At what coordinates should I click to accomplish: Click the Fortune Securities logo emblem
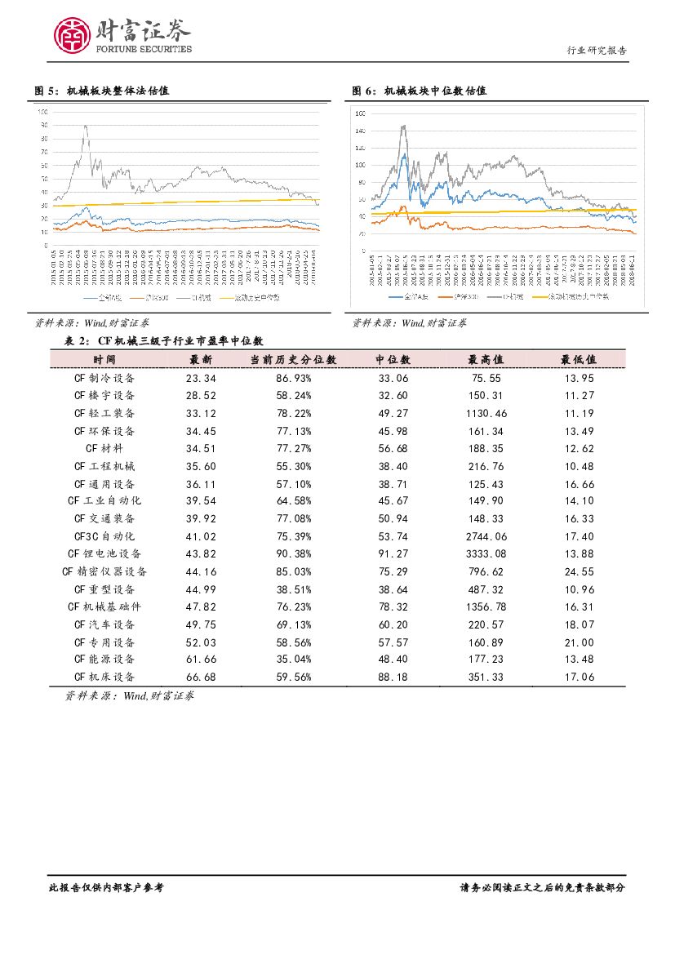pos(71,34)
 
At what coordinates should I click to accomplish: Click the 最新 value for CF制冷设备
pos(201,379)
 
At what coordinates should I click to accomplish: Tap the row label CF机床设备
pos(104,677)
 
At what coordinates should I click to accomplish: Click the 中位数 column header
pos(392,359)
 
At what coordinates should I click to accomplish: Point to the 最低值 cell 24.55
pos(578,571)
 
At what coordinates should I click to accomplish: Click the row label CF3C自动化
pos(104,536)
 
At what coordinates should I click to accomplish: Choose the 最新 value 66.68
pos(201,677)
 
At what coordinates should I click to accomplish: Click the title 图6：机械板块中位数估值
pos(420,91)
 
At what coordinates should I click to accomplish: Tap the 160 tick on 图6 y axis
pos(360,113)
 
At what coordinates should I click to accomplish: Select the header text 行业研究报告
pos(597,51)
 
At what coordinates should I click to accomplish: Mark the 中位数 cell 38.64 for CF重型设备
pos(392,589)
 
